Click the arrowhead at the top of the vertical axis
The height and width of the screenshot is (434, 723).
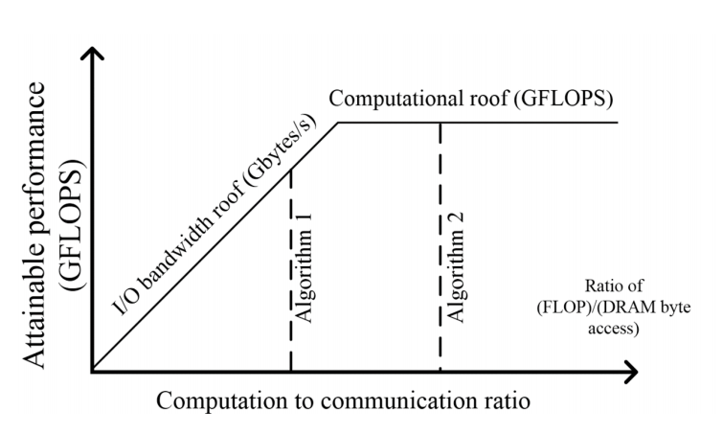click(93, 52)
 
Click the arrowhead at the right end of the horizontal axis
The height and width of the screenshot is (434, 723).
click(632, 372)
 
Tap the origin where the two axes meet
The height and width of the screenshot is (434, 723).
click(93, 371)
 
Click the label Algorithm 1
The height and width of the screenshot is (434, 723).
click(305, 268)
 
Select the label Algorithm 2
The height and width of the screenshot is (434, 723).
click(455, 268)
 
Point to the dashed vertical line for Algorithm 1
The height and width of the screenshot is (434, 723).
click(290, 270)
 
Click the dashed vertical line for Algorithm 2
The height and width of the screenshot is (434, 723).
click(441, 247)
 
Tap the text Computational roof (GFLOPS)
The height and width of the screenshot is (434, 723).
click(470, 99)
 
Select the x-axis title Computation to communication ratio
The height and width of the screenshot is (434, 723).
click(343, 400)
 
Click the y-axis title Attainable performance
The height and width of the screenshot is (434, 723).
click(35, 225)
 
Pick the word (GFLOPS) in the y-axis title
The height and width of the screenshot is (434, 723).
click(73, 225)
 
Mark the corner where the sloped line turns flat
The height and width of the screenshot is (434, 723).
click(338, 123)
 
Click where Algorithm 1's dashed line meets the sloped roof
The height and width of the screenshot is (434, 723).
click(290, 170)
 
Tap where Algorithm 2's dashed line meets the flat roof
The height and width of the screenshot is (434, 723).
click(441, 123)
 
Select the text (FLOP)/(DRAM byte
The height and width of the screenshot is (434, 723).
click(614, 307)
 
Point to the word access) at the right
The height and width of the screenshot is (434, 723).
click(614, 328)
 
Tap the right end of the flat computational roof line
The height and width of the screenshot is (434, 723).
click(617, 123)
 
